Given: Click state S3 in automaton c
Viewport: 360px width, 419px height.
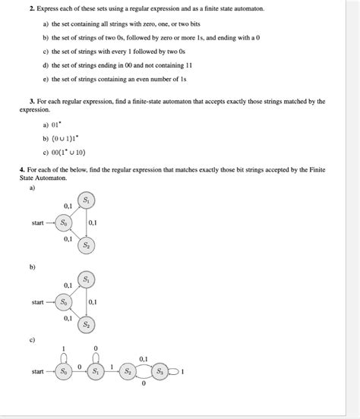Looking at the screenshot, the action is [160, 371].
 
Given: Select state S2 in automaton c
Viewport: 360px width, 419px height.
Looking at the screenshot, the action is [128, 371].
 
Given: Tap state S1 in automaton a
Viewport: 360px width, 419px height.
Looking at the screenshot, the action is [86, 200].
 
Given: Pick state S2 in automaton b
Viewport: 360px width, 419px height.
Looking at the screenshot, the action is [86, 325].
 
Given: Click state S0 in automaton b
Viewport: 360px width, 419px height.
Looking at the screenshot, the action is [64, 302].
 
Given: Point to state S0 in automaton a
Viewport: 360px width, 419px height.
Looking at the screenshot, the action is [64, 222].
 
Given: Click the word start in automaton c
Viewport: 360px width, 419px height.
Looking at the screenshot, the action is [37, 371].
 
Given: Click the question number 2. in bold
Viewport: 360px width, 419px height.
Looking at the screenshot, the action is [32, 8].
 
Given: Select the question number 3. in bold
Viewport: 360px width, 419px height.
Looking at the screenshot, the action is [32, 101].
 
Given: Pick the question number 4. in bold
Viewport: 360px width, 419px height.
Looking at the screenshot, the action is [22, 170].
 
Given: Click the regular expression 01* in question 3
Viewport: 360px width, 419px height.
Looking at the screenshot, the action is [56, 124].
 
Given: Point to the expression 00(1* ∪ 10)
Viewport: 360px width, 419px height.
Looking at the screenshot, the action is [68, 153].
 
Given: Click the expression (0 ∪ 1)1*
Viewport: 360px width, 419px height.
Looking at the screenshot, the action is [65, 138].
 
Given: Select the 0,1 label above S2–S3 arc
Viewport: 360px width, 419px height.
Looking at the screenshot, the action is [144, 359].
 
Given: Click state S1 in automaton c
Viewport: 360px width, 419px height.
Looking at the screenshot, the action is [96, 371].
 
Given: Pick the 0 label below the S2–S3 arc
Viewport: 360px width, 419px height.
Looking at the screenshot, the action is [144, 383].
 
